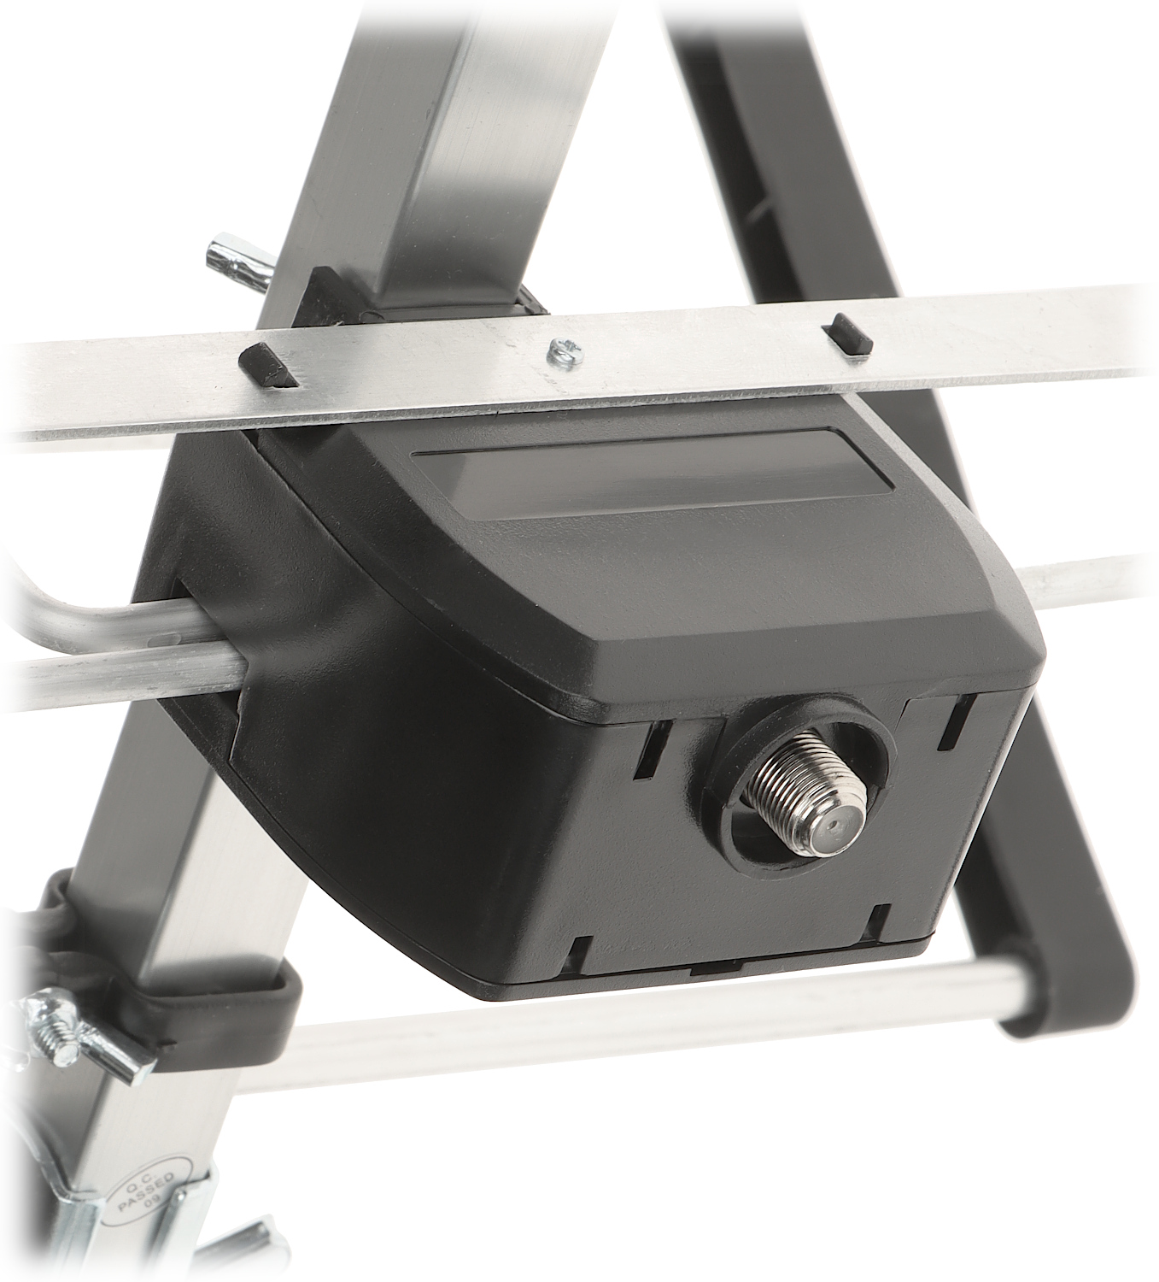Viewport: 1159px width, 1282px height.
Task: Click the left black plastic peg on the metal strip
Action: pos(268,365)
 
